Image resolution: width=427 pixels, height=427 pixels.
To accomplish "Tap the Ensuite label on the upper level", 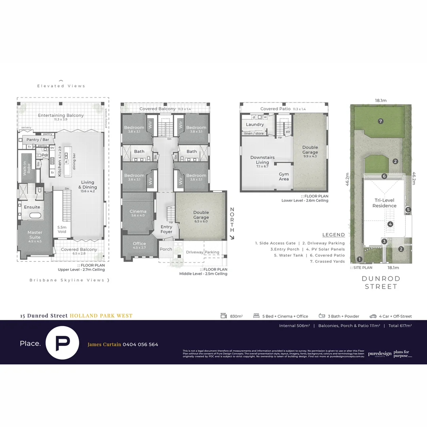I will (32, 207).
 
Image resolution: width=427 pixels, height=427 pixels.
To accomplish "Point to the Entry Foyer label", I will (166, 229).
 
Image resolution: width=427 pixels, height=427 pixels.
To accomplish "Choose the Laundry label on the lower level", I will (255, 125).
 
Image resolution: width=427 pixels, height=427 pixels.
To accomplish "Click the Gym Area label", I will (283, 176).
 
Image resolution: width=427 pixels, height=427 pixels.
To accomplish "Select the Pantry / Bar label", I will (38, 140).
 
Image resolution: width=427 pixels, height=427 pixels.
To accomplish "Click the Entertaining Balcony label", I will (61, 115).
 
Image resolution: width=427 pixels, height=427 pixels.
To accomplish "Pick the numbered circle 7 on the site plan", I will (380, 121).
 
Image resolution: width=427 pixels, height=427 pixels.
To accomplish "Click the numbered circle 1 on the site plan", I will (359, 259).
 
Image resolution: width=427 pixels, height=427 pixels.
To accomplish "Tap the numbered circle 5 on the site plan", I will (408, 210).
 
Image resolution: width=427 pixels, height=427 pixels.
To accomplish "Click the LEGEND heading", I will (333, 235).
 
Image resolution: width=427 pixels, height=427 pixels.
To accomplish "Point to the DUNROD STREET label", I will (381, 282).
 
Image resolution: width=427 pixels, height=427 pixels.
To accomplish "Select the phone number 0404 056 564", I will (140, 344).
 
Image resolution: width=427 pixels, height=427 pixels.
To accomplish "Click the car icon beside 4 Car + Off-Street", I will (373, 316).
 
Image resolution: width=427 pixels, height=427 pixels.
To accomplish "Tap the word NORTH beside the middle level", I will (232, 220).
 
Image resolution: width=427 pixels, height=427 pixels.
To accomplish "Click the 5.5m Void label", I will (62, 229).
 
